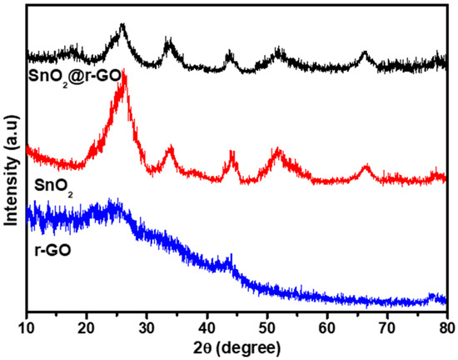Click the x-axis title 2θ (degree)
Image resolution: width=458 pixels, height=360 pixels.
pos(238,345)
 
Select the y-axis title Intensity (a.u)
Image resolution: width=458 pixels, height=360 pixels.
pos(12,157)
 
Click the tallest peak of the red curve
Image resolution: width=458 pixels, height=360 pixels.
pos(123,75)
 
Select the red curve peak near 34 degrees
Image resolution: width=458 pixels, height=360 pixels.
pos(171,149)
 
